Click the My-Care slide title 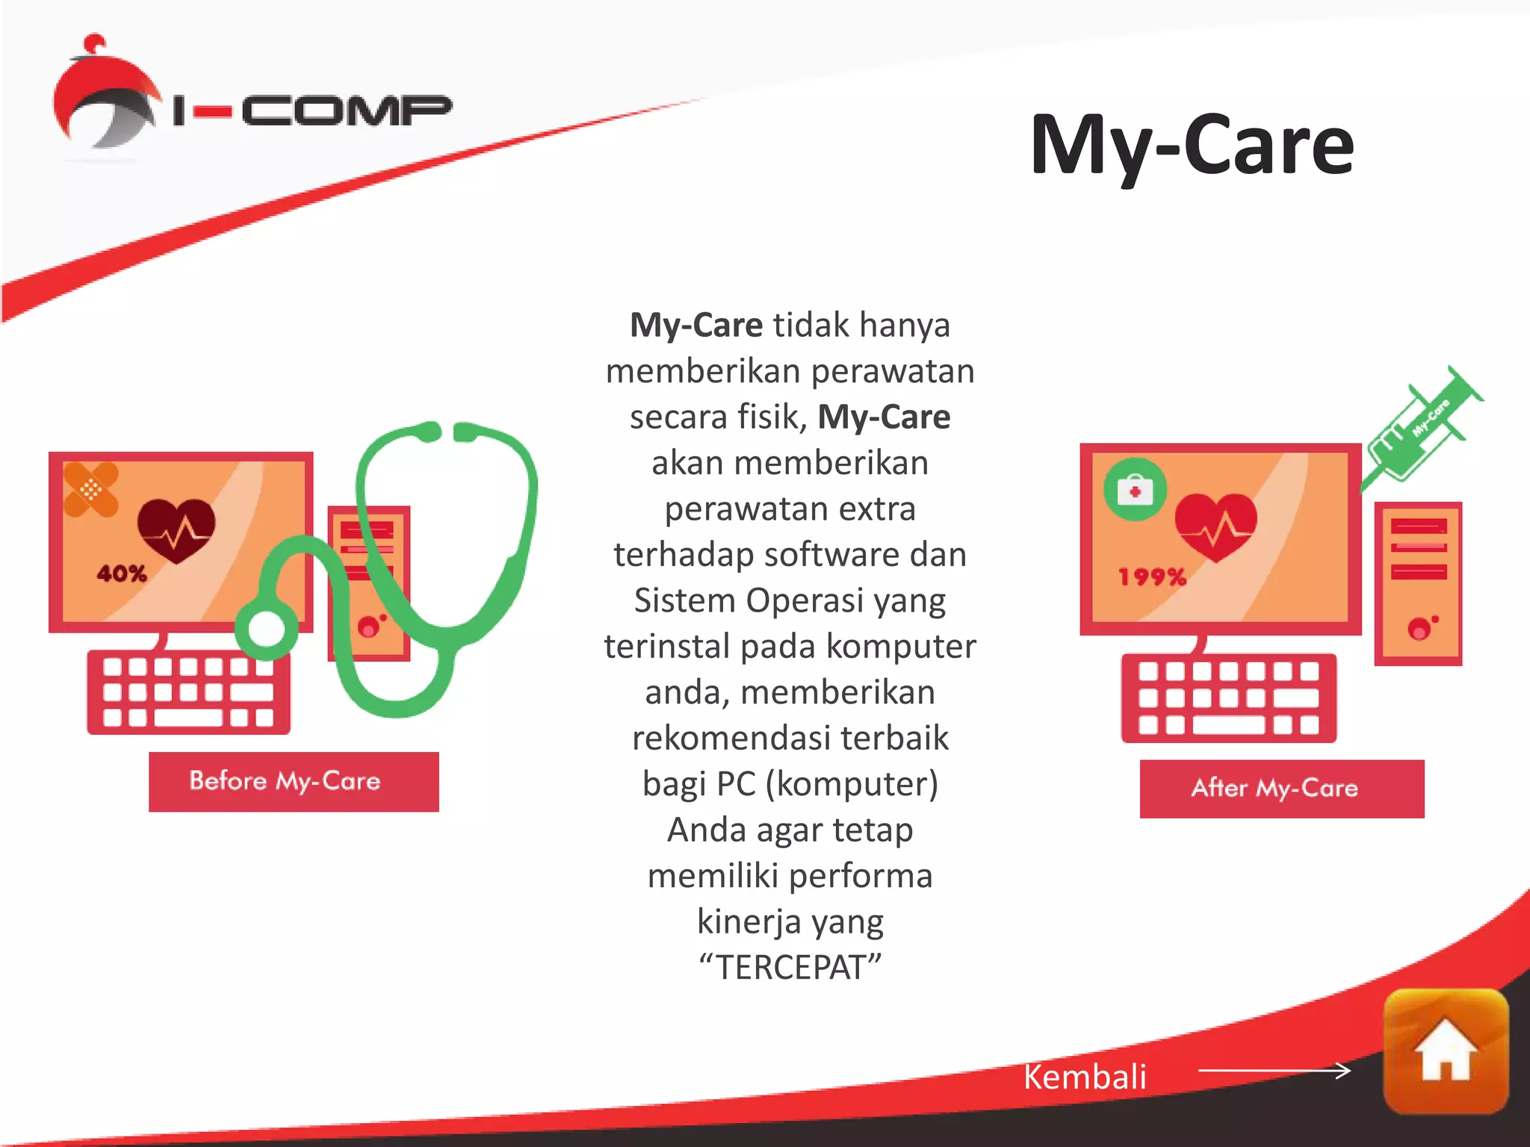(x=1191, y=145)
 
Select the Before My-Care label (x=293, y=781)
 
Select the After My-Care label (x=1281, y=789)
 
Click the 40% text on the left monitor (x=122, y=573)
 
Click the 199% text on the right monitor (x=1152, y=576)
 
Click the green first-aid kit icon (x=1135, y=490)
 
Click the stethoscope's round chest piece (x=267, y=628)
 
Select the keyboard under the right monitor (x=1229, y=698)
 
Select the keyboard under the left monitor (x=189, y=692)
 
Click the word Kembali (x=1084, y=1077)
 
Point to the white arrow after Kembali (x=1275, y=1071)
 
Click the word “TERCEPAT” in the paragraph (x=790, y=967)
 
